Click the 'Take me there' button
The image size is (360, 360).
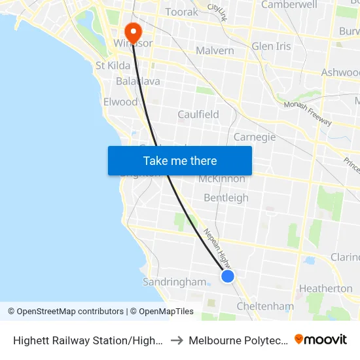point(180,160)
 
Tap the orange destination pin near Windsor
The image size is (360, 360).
point(132,32)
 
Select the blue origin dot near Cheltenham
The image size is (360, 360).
point(228,276)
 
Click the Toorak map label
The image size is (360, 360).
point(181,12)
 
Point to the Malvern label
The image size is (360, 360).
point(215,50)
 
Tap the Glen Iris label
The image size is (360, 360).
point(271,46)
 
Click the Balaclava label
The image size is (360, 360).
point(137,82)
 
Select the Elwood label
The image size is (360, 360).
point(120,101)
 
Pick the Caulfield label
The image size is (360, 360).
point(198,114)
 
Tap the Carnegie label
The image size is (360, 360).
point(255,137)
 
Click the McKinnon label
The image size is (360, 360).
point(221,179)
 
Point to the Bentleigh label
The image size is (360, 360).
point(226,198)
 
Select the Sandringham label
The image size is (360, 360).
point(174,282)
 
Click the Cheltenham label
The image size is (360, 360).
point(264,306)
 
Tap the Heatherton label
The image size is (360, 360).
point(325,288)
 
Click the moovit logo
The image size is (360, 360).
point(321,340)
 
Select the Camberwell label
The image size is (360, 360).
point(289,5)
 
